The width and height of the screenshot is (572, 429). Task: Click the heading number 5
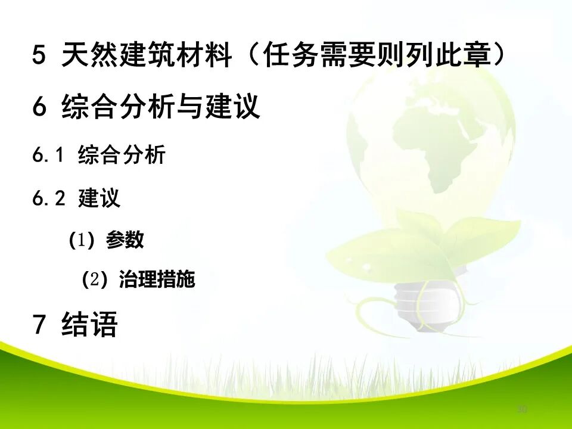pos(39,57)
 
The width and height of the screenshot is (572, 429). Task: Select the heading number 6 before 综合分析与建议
pos(39,107)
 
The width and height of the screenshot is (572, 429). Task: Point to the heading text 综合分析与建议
pos(161,107)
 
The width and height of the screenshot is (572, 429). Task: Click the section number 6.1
pos(48,156)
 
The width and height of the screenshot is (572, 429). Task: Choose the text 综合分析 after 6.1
pos(122,156)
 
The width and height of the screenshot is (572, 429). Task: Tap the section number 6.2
pos(48,199)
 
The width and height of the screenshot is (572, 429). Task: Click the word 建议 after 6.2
pos(100,199)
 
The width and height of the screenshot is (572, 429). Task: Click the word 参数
pos(125,240)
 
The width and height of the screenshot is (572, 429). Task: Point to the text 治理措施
pos(157,279)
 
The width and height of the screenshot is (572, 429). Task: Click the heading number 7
pos(39,325)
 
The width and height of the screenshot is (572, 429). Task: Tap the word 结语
pos(89,325)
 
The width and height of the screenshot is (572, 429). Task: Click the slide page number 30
pos(523,409)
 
